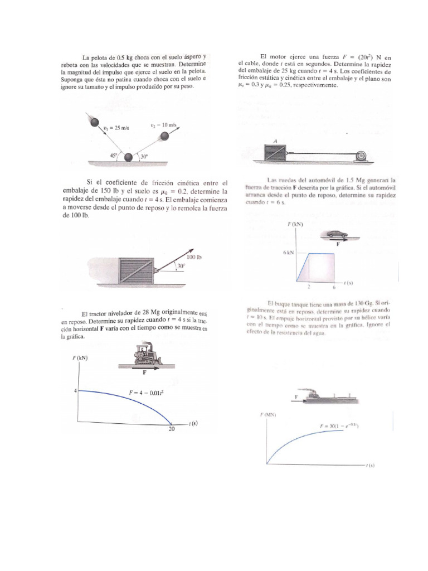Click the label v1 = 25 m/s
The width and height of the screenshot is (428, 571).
point(116,128)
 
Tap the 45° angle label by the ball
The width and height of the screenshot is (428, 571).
point(113,157)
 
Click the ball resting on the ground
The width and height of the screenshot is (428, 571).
point(130,158)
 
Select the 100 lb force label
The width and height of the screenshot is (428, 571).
point(193,257)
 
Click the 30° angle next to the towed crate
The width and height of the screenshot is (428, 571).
point(180,267)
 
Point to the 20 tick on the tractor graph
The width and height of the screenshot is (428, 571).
point(172,429)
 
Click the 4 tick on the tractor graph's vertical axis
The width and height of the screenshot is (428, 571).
point(75,391)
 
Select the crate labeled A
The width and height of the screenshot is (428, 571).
point(275,151)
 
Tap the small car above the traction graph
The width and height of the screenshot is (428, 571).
point(337,234)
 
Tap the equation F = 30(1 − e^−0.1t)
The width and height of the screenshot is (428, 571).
point(339,426)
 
